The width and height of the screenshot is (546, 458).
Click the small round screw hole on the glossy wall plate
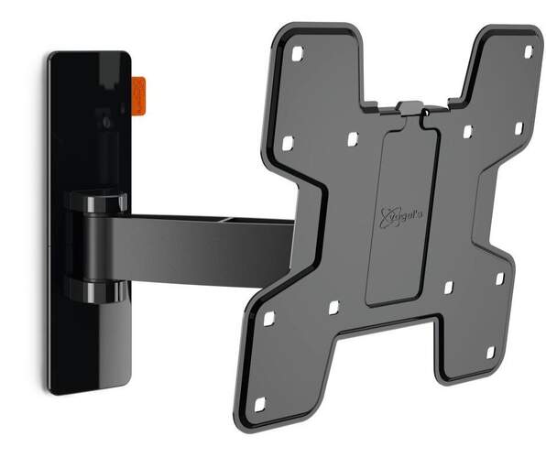coord(107,122)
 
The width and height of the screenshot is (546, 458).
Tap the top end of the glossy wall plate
coord(87,60)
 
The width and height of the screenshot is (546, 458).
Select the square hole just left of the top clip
coord(352,139)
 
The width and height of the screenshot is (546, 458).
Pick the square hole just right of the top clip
coord(466,132)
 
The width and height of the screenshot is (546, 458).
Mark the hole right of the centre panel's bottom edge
coord(447,288)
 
